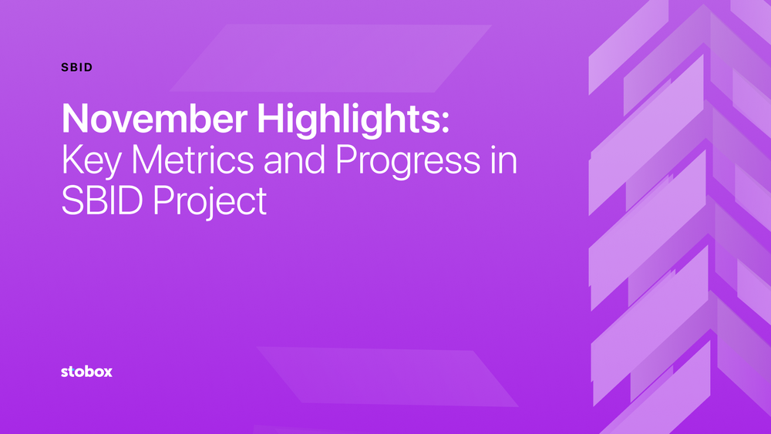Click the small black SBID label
click(x=77, y=67)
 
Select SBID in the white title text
click(x=102, y=201)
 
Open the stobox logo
click(x=86, y=372)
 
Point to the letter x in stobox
click(x=107, y=372)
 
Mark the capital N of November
click(x=75, y=119)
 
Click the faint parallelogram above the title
click(x=332, y=58)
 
